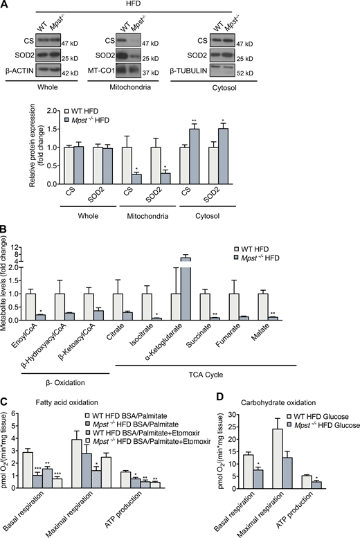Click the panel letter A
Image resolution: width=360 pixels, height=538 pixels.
point(6,6)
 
